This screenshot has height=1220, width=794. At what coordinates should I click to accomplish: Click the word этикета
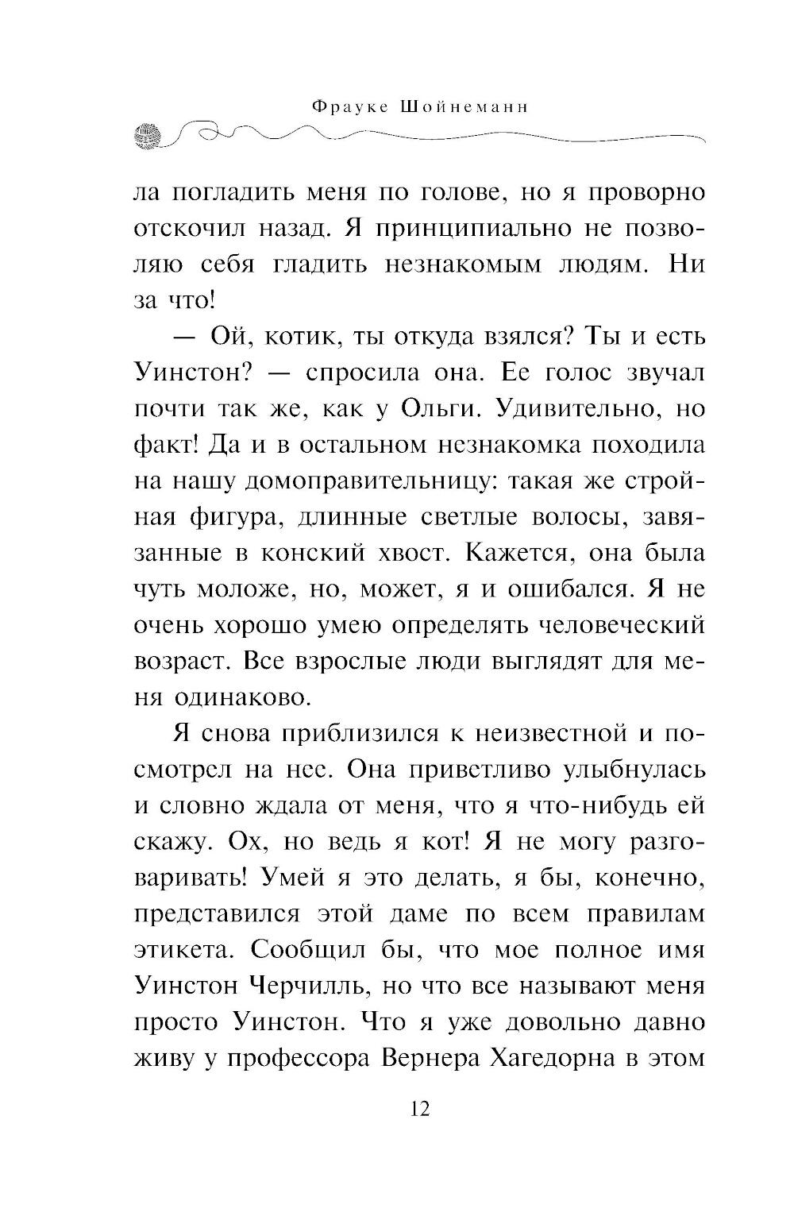coord(183,951)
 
